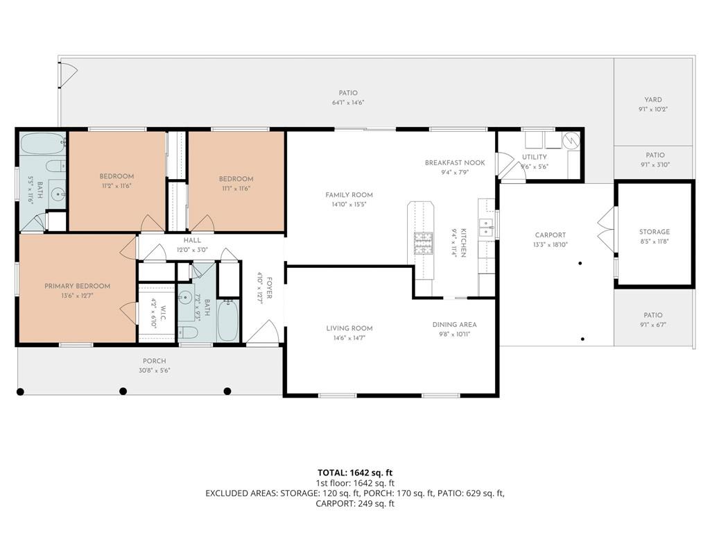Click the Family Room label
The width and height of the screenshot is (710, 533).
coord(349,195)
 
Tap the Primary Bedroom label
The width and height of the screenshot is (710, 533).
coord(78,286)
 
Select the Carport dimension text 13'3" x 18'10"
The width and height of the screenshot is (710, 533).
coord(550,245)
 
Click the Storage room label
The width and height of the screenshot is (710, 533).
coord(655,232)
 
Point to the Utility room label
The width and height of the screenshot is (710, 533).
coord(535,157)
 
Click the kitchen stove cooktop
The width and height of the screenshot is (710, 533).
coord(424,243)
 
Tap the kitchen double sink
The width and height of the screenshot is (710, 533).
coord(486,228)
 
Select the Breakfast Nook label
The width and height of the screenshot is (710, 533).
coord(455,162)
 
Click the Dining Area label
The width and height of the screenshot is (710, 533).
coord(454,325)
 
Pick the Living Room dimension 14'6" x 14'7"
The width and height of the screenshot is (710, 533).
coord(349,338)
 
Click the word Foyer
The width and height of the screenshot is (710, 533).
coord(270,288)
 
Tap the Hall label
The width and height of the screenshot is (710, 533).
coord(192,240)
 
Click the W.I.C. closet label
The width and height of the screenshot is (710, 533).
coord(163,313)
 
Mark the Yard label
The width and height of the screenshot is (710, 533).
coord(653,100)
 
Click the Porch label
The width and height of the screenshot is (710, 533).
coord(155,361)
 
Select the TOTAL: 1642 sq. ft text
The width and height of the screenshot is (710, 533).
coord(355,473)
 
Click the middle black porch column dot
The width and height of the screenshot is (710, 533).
coord(123,391)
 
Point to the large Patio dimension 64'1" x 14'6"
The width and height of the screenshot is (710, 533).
coord(348,103)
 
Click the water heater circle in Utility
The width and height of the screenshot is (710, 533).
coord(571,140)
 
